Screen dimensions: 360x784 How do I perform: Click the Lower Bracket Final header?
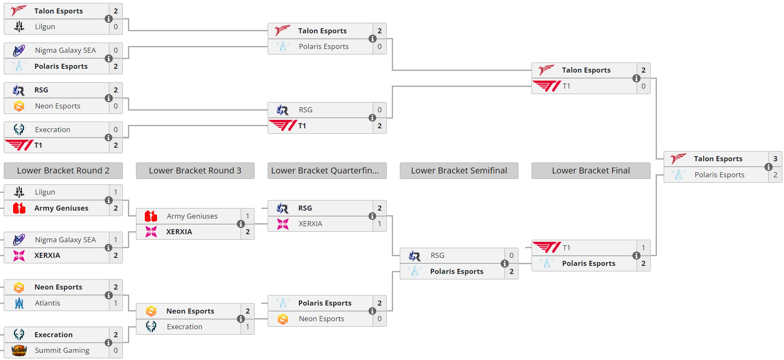click(x=591, y=171)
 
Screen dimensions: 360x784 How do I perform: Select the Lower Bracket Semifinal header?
click(x=459, y=171)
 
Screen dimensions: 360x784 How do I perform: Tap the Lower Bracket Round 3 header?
click(x=195, y=171)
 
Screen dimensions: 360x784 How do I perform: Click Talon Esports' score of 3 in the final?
click(x=775, y=159)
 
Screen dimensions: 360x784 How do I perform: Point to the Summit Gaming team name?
click(x=62, y=350)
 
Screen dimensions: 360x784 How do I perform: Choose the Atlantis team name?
click(x=47, y=303)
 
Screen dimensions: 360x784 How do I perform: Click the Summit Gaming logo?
click(x=19, y=350)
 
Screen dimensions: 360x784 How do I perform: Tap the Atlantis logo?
click(x=19, y=303)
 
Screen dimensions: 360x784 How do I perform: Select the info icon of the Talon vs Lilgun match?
click(x=109, y=19)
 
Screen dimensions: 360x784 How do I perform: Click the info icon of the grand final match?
click(x=768, y=167)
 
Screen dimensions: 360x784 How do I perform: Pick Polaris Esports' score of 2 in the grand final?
click(x=775, y=175)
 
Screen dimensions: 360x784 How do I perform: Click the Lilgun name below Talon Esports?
click(x=45, y=27)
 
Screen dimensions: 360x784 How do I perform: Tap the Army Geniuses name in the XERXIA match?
click(x=192, y=216)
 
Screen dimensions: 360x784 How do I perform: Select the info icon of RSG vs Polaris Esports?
click(x=505, y=263)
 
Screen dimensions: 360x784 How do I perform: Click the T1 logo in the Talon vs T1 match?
click(x=547, y=86)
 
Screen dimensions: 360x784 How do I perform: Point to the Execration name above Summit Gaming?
click(x=53, y=335)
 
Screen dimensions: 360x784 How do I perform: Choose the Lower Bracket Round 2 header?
click(x=63, y=171)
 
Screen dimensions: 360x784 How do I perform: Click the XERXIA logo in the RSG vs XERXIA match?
click(x=283, y=224)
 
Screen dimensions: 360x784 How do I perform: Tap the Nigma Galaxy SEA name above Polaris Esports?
click(x=65, y=50)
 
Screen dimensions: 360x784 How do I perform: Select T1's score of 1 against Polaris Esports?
click(x=643, y=248)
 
